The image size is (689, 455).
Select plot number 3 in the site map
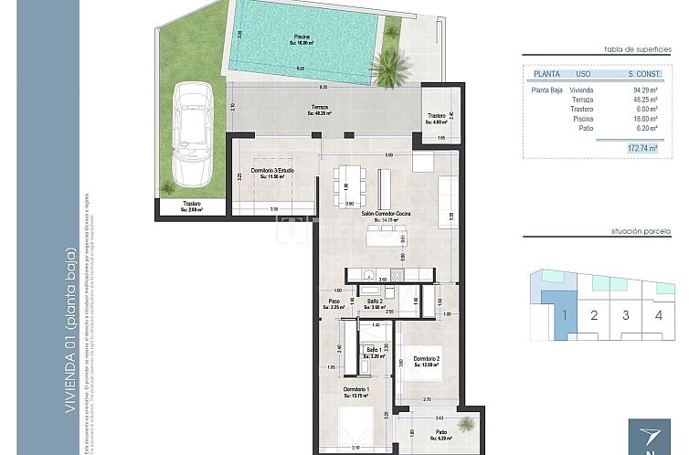(x=626, y=316)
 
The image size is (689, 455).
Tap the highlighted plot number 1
(x=564, y=316)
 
